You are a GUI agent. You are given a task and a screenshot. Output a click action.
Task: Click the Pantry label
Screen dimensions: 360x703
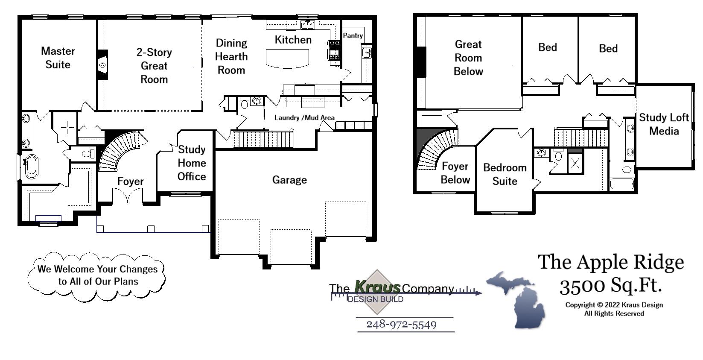353,36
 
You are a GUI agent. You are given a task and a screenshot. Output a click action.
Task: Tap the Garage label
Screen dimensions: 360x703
289,180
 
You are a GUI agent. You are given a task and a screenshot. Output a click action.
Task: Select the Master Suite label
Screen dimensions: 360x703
58,58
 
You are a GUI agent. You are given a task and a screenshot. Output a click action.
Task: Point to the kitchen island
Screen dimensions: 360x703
287,58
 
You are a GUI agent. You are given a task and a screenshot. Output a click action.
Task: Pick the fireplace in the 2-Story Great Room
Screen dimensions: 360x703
102,65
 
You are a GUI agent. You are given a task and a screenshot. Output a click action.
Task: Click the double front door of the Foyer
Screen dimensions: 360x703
127,197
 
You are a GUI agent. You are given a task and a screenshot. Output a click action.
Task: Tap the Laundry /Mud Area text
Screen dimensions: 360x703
304,117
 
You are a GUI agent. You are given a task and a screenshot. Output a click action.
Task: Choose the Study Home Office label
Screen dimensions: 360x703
192,163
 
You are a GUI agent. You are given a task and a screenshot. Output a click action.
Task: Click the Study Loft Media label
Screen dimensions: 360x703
664,124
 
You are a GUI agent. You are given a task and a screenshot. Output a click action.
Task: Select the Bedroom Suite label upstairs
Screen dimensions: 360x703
505,174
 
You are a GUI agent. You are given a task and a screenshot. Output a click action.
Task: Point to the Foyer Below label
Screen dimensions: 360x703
455,173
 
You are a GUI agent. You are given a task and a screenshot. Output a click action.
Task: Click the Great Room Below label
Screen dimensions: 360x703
468,58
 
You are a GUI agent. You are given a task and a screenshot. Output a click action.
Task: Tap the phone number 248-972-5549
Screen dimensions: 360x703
401,325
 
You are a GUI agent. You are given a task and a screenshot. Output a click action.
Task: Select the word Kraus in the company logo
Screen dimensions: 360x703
378,287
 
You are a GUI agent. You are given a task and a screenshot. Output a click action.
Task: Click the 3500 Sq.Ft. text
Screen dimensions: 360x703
610,286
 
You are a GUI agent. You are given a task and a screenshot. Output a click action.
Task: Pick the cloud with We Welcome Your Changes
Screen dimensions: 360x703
97,275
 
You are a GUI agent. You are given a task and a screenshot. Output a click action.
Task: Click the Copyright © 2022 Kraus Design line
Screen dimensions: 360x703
614,305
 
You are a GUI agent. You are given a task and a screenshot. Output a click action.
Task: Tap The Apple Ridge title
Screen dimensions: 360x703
610,262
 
